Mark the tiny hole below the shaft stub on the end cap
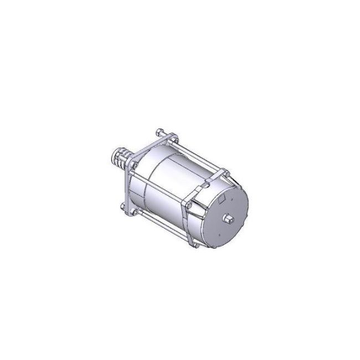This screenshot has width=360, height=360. [229, 231]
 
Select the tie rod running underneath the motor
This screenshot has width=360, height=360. [161, 227]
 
